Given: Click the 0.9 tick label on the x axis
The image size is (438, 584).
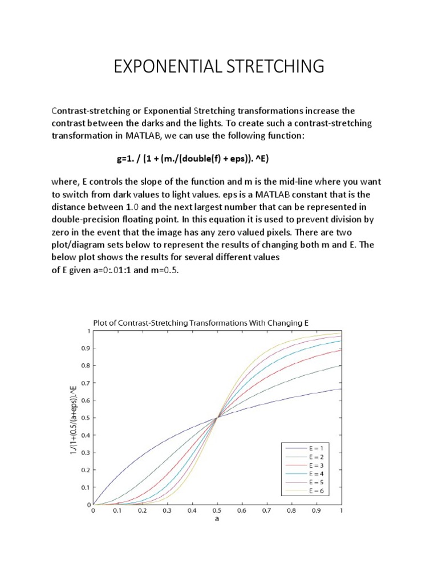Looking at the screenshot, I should (316, 512).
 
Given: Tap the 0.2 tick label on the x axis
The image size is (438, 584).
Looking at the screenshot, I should (143, 512).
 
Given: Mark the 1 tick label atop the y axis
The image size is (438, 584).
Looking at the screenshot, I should (88, 331).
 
